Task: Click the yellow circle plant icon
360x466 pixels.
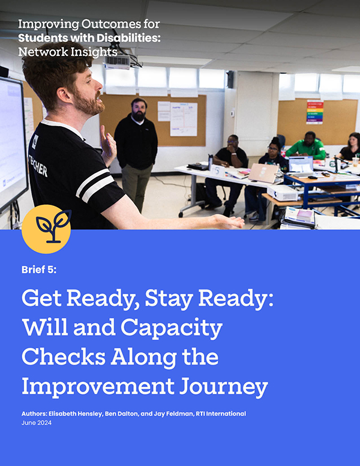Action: point(46,229)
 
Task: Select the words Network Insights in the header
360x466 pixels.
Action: point(68,52)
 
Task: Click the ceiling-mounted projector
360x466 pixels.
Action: point(118,61)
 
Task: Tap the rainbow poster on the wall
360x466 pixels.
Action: point(314,112)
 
